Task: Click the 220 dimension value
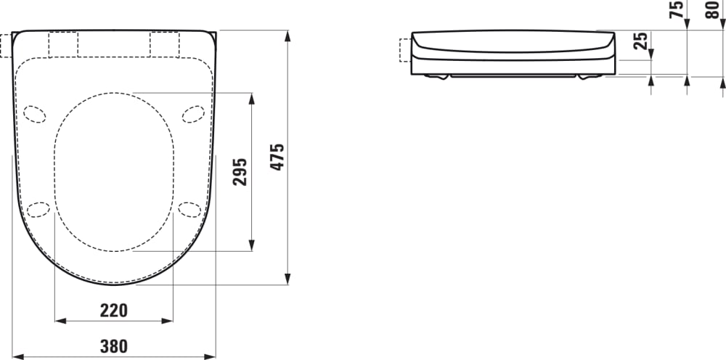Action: [113, 311]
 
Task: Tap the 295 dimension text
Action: [240, 171]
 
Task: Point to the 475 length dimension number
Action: [277, 157]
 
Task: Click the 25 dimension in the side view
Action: [641, 41]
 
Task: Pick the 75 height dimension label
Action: [677, 9]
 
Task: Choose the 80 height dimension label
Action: [712, 9]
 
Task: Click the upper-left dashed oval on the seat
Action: [34, 113]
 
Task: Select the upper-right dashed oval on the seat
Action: [193, 113]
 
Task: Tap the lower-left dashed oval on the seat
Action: [38, 209]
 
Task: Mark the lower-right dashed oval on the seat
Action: [189, 209]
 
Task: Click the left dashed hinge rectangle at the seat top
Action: [62, 44]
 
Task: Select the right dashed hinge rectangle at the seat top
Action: [164, 44]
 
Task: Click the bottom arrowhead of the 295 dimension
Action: [252, 246]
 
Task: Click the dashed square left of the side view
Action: [404, 51]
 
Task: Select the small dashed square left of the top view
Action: [7, 44]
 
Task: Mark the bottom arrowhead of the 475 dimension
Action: [288, 279]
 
